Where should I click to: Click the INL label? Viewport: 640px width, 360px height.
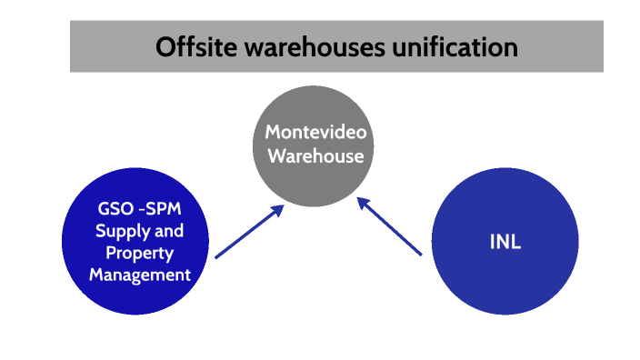click(505, 244)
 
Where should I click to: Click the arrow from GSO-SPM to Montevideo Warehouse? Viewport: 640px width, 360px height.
click(245, 235)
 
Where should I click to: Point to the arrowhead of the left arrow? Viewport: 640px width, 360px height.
click(275, 211)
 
